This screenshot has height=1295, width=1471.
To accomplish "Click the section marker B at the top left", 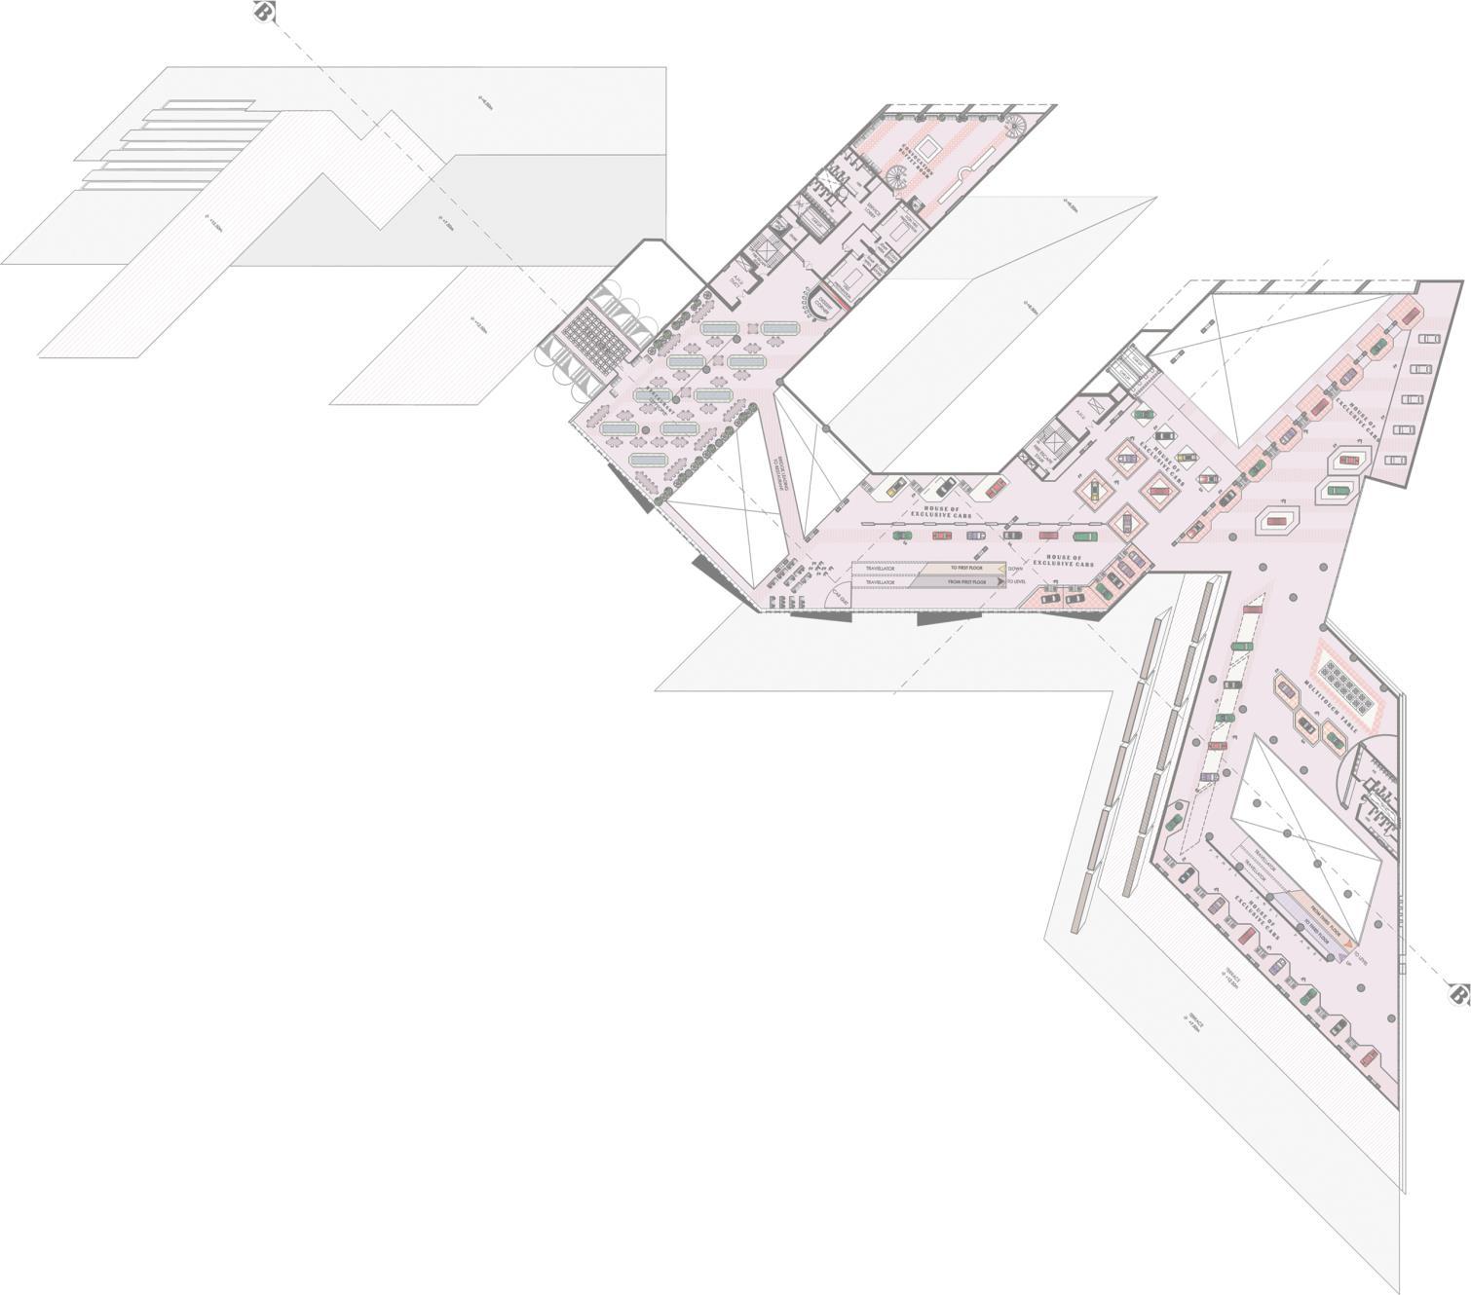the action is (261, 12).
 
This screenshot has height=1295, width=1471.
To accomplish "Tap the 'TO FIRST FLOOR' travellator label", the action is (966, 567).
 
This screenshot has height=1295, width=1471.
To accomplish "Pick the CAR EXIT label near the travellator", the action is (839, 602).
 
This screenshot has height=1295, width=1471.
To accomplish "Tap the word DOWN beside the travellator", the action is (1016, 568).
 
